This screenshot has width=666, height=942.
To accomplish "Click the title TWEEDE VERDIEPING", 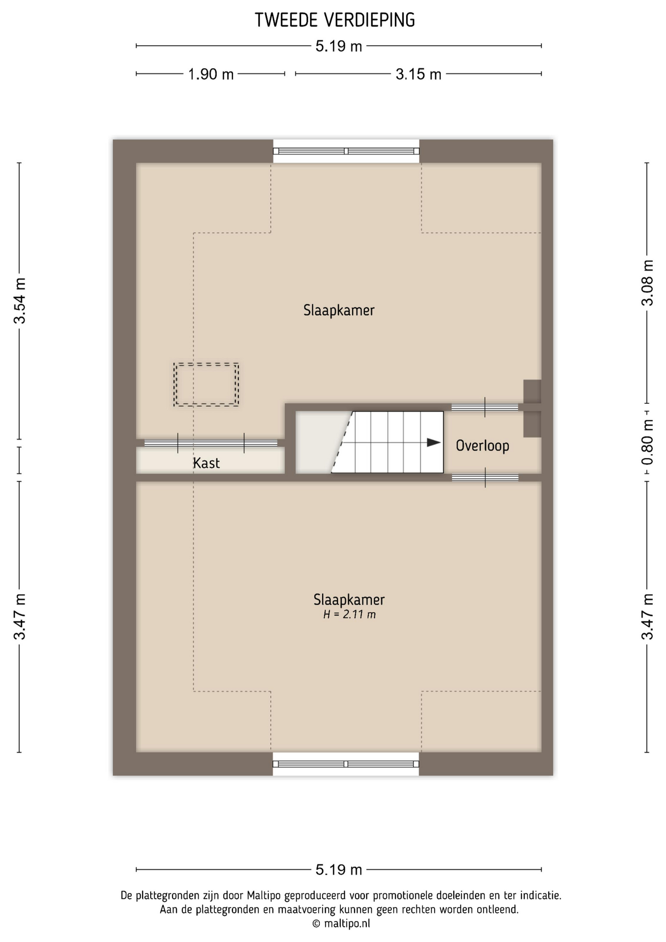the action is [x=335, y=20].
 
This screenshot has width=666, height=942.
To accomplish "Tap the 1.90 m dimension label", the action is [x=211, y=74].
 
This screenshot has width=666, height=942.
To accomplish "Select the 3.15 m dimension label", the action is [x=418, y=74].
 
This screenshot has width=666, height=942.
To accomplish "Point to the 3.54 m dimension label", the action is [x=20, y=300].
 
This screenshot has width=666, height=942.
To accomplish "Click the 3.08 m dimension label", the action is [x=647, y=283].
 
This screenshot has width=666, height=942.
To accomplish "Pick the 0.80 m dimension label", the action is [x=647, y=442].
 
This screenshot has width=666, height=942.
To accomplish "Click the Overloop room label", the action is [x=483, y=446].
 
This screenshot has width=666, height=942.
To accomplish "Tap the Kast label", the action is [x=206, y=463].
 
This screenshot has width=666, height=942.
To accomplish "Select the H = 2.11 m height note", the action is [x=350, y=614].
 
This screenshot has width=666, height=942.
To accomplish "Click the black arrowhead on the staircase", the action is [x=434, y=443].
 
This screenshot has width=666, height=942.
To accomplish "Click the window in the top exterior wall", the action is [x=346, y=151].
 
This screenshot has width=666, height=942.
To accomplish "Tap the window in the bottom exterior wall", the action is [x=346, y=764].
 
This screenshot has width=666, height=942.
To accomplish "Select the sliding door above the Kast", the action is [x=211, y=443].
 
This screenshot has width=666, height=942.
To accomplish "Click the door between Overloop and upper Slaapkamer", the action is [x=485, y=407].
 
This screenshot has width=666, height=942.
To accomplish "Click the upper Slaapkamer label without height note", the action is [x=339, y=310].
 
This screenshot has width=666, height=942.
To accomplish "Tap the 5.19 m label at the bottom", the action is [x=339, y=870].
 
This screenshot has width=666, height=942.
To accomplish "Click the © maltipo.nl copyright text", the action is [x=341, y=923].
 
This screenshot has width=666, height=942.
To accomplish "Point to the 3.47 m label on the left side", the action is [x=20, y=616].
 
